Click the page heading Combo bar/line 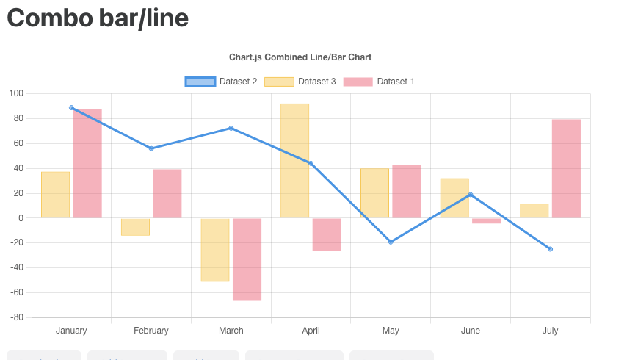(x=98, y=18)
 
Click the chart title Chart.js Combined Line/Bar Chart (x=305, y=57)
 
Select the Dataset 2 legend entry (x=221, y=82)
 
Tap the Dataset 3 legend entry (x=300, y=82)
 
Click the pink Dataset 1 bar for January (x=87, y=163)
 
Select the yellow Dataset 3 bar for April (x=294, y=161)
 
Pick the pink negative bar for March (x=247, y=259)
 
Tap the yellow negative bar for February (x=135, y=227)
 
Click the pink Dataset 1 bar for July (x=566, y=168)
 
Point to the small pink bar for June (x=486, y=220)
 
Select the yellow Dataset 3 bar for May (x=374, y=193)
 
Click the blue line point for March (x=231, y=128)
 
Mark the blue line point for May (x=391, y=242)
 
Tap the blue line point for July (x=550, y=249)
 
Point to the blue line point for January (x=71, y=107)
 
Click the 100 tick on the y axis (x=16, y=93)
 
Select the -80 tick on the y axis (x=15, y=317)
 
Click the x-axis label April (x=311, y=331)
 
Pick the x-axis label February (x=151, y=331)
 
